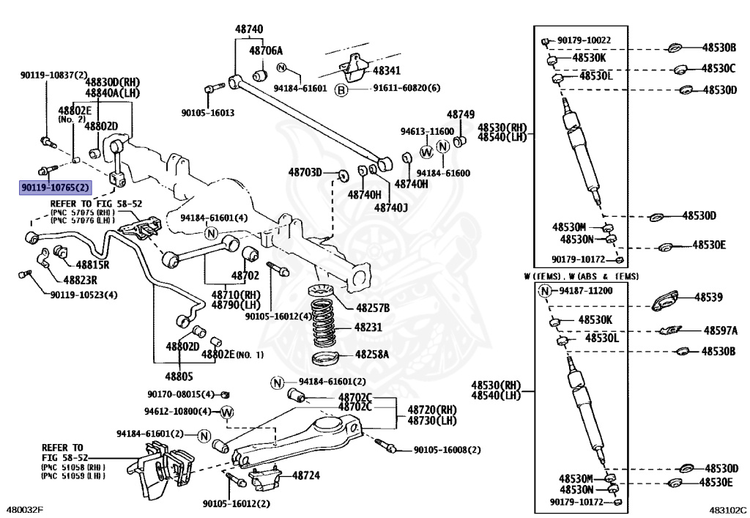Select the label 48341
coord(386,71)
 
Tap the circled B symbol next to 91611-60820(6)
coord(341,89)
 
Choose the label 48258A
coord(372,354)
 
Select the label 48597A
coord(721,331)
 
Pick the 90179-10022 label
coord(584,40)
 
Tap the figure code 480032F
coord(24,509)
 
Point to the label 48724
coord(306,475)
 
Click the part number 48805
coord(179,377)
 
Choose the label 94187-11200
coord(583,291)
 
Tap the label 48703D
coord(305,172)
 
